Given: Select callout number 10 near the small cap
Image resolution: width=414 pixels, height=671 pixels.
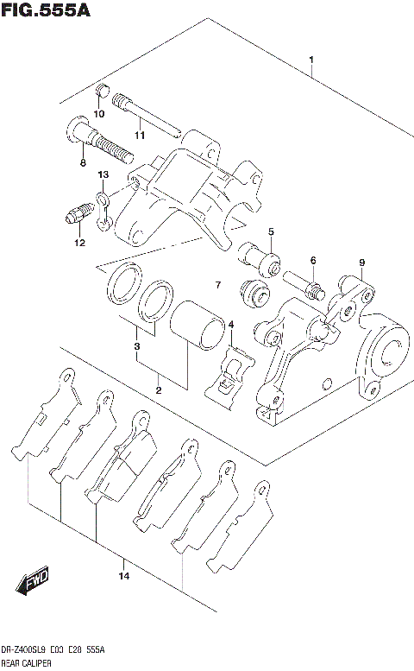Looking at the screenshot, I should coord(97,113).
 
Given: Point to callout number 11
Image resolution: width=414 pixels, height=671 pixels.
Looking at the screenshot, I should coord(139,135).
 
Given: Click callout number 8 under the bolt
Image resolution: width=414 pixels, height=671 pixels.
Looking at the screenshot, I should coord(82,161).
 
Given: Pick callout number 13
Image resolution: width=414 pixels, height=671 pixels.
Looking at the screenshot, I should coord(102,175).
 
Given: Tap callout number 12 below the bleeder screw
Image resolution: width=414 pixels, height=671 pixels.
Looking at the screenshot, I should coord(79,243).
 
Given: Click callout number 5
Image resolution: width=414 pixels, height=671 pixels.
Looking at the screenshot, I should coord(270,231).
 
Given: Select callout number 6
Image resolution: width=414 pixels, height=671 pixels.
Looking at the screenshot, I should coord(313,260).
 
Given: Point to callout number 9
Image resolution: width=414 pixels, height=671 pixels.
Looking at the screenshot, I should coord(362,263).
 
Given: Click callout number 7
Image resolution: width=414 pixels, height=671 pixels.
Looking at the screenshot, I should coord(218,285).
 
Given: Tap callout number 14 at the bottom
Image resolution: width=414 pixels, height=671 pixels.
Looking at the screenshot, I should coord(123,576).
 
